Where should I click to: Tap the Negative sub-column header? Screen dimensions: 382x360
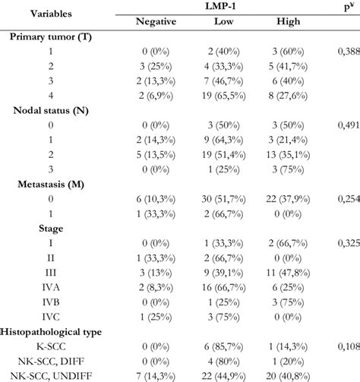coord(156,23)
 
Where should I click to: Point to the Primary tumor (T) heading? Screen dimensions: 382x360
coord(56,37)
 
